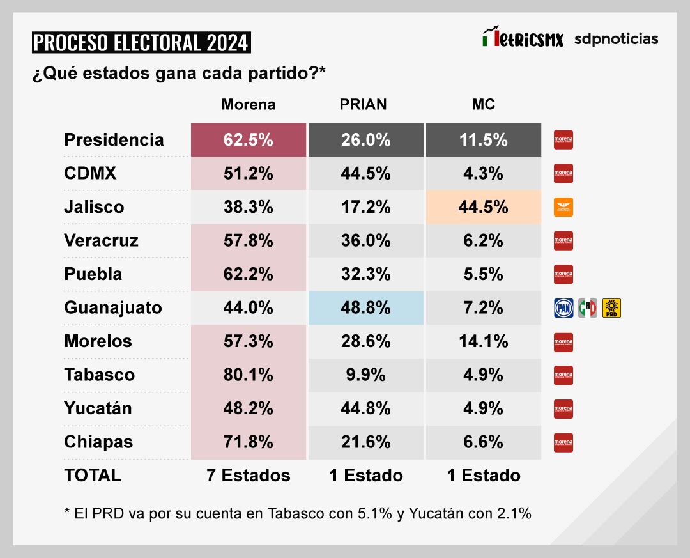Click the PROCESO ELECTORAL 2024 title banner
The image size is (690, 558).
point(141,43)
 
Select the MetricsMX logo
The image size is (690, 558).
point(523,38)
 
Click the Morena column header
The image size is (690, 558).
point(248,105)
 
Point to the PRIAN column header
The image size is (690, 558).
point(363,105)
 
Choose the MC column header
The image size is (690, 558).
point(483,105)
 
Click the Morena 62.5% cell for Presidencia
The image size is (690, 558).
point(248,140)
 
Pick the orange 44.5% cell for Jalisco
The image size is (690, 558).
point(483,207)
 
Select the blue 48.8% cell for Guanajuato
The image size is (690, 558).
point(365,308)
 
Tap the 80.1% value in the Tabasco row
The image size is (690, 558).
point(248,375)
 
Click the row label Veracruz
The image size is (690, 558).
point(101,241)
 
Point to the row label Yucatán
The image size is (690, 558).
point(98,408)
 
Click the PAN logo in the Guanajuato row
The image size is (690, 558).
point(563,309)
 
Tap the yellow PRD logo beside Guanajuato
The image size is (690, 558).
point(612,309)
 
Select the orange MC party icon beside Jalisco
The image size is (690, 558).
point(563,207)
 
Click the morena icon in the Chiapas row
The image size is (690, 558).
point(563,442)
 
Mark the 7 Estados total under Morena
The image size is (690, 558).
point(248,476)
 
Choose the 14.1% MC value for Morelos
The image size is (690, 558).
point(483,341)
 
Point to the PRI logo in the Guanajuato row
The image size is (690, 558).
point(588,309)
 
